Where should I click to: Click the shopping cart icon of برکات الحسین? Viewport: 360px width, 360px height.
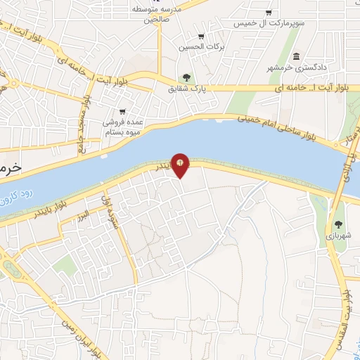tap(201, 37)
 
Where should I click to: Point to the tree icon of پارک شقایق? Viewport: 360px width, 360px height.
tap(186, 78)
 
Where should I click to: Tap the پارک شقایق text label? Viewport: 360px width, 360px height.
tap(185, 89)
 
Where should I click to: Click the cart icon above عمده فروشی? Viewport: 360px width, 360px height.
tap(122, 111)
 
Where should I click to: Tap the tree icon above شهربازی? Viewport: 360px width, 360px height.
tap(340, 226)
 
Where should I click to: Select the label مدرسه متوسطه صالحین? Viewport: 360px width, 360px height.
tap(158, 13)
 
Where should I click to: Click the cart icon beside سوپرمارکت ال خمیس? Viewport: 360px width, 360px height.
tap(269, 12)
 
